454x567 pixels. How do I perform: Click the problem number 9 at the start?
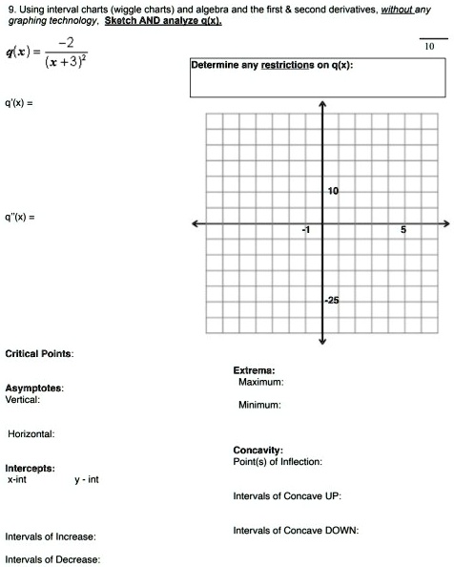point(10,9)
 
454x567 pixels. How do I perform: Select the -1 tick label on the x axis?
point(304,232)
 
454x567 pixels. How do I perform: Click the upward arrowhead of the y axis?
point(323,104)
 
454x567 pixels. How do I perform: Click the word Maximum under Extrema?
point(261,381)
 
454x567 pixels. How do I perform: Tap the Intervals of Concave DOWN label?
point(296,531)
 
